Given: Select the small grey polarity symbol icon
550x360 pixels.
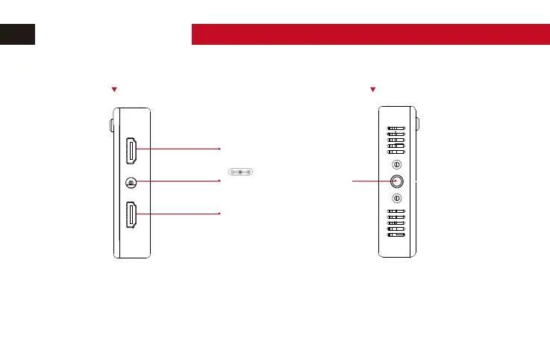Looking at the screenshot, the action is (x=240, y=172).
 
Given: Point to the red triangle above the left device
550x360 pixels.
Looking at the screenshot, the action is (x=114, y=90).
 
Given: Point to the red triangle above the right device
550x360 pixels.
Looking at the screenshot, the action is (x=372, y=90).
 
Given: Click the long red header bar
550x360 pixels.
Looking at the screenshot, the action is (x=370, y=34).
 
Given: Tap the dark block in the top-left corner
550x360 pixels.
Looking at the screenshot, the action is (x=17, y=34).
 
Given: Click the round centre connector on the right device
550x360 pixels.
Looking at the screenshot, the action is (x=396, y=181).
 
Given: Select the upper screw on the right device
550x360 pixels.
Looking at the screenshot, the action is (x=396, y=164).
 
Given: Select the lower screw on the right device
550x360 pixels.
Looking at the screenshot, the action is (x=396, y=198).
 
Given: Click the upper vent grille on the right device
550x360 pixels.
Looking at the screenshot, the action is (x=396, y=140).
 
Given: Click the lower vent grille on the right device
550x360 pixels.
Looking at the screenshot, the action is (x=396, y=223).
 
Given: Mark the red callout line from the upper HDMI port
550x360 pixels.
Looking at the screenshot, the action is (x=179, y=149).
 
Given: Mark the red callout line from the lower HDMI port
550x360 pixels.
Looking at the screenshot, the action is (x=179, y=214).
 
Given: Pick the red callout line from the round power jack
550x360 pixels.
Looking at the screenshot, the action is (x=179, y=181).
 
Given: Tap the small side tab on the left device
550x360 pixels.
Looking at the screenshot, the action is (x=112, y=124).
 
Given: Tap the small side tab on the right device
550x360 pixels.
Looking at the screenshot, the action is (x=418, y=124).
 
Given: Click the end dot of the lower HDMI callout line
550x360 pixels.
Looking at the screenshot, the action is (x=219, y=214).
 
